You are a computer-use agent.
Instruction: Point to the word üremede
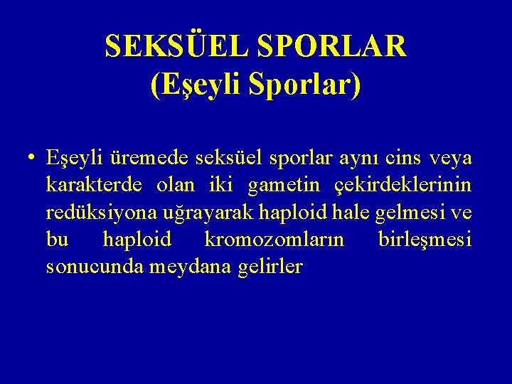coord(139,157)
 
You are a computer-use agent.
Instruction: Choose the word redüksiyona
coord(97,213)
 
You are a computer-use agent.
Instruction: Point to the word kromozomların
coord(274,240)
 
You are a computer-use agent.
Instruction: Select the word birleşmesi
coord(425,240)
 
